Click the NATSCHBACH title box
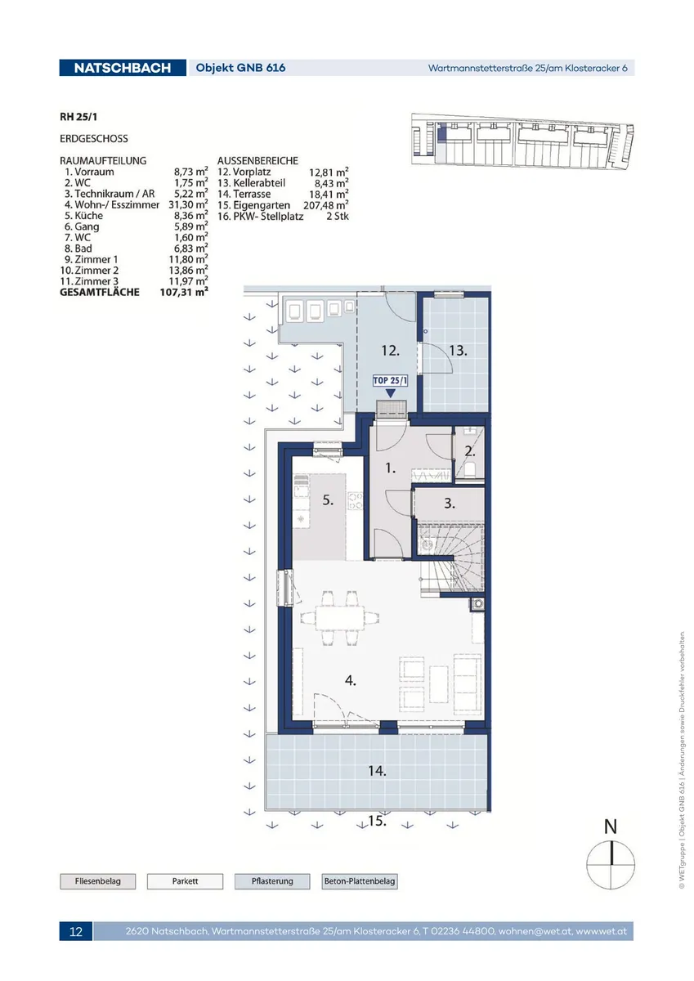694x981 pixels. (123, 68)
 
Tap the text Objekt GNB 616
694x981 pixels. (240, 68)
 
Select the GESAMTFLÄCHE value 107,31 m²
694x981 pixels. (184, 292)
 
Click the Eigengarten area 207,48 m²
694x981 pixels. (326, 205)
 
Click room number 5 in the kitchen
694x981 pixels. (328, 500)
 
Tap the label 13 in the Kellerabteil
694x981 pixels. (458, 351)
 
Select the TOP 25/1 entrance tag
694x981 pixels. (390, 381)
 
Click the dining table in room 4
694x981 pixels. (340, 618)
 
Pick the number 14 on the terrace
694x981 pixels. (377, 771)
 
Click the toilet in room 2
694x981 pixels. (470, 469)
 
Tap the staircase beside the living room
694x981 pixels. (452, 561)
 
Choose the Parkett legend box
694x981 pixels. (185, 881)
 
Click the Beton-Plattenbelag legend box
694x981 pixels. (360, 881)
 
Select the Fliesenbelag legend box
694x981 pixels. (97, 881)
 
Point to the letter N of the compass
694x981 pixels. (611, 826)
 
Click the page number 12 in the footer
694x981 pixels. (76, 931)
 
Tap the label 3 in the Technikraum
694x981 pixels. (450, 504)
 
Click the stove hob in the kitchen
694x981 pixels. (355, 501)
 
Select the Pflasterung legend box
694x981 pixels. (272, 881)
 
